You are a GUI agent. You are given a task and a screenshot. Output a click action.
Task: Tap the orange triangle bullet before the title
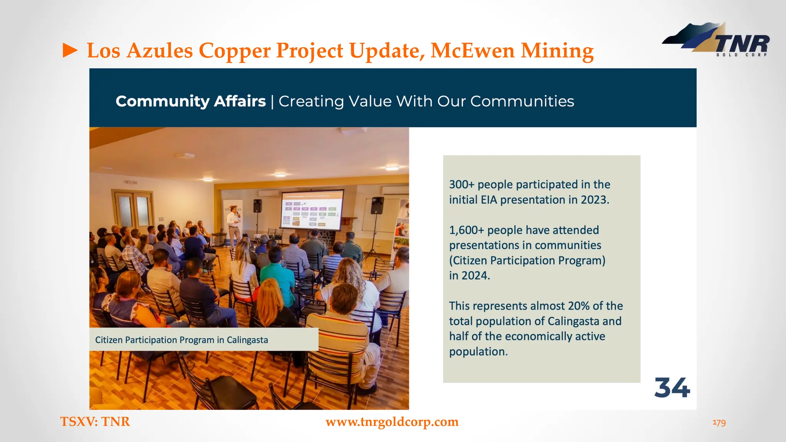pyautogui.click(x=70, y=51)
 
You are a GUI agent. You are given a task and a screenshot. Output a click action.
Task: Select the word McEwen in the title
pyautogui.click(x=472, y=51)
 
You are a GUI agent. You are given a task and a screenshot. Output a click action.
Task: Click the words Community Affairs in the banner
pyautogui.click(x=191, y=101)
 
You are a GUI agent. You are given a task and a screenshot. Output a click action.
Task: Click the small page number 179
pyautogui.click(x=719, y=422)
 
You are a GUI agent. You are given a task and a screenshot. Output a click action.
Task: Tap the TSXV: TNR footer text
pyautogui.click(x=95, y=422)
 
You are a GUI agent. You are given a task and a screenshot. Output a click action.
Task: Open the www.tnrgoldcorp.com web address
pyautogui.click(x=392, y=422)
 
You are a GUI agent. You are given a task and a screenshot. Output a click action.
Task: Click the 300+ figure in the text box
pyautogui.click(x=462, y=185)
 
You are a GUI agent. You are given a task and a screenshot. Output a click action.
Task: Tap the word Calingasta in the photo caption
pyautogui.click(x=247, y=340)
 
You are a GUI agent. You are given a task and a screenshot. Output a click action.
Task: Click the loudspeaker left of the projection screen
pyautogui.click(x=258, y=206)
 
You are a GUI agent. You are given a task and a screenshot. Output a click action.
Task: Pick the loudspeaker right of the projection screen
pyautogui.click(x=377, y=206)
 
